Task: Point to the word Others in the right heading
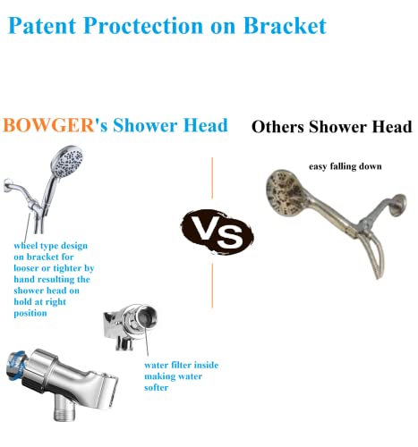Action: click(x=279, y=126)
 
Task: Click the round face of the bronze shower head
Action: click(x=292, y=202)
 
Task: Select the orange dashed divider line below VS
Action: click(x=213, y=286)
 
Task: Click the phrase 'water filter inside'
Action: click(x=180, y=365)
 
